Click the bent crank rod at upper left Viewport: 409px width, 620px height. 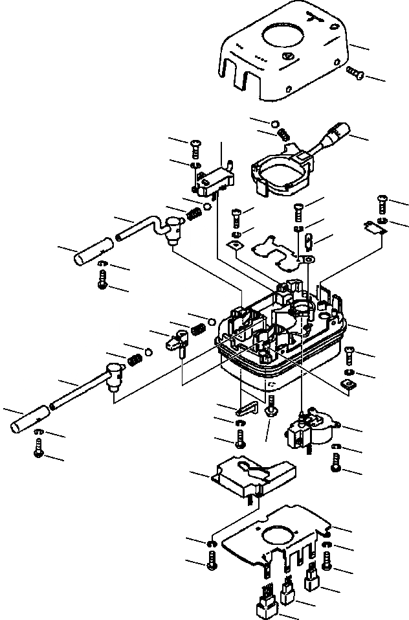(146, 227)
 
